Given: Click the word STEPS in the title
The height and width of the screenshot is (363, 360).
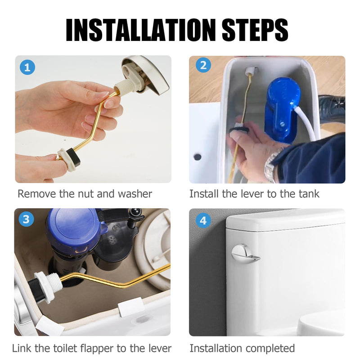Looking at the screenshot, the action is click(x=255, y=30).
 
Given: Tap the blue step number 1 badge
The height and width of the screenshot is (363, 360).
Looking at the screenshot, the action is click(x=27, y=67).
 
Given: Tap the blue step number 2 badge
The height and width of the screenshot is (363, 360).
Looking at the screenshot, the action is click(x=203, y=65).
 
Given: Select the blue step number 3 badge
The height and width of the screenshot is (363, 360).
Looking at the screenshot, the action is click(x=26, y=219).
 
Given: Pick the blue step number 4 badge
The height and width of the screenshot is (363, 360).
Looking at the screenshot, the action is click(x=203, y=220).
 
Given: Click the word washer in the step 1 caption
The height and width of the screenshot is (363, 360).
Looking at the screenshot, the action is click(x=135, y=194).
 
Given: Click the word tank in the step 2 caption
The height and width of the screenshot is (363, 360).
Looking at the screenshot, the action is click(x=309, y=194).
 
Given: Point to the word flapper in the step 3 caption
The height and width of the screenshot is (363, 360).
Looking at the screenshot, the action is click(x=97, y=349).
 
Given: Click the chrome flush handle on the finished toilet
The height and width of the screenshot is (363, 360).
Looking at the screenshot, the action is click(x=245, y=254).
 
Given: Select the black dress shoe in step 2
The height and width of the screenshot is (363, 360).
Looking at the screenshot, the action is click(x=332, y=108).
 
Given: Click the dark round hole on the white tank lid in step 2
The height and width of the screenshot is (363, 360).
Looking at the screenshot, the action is click(x=198, y=157).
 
